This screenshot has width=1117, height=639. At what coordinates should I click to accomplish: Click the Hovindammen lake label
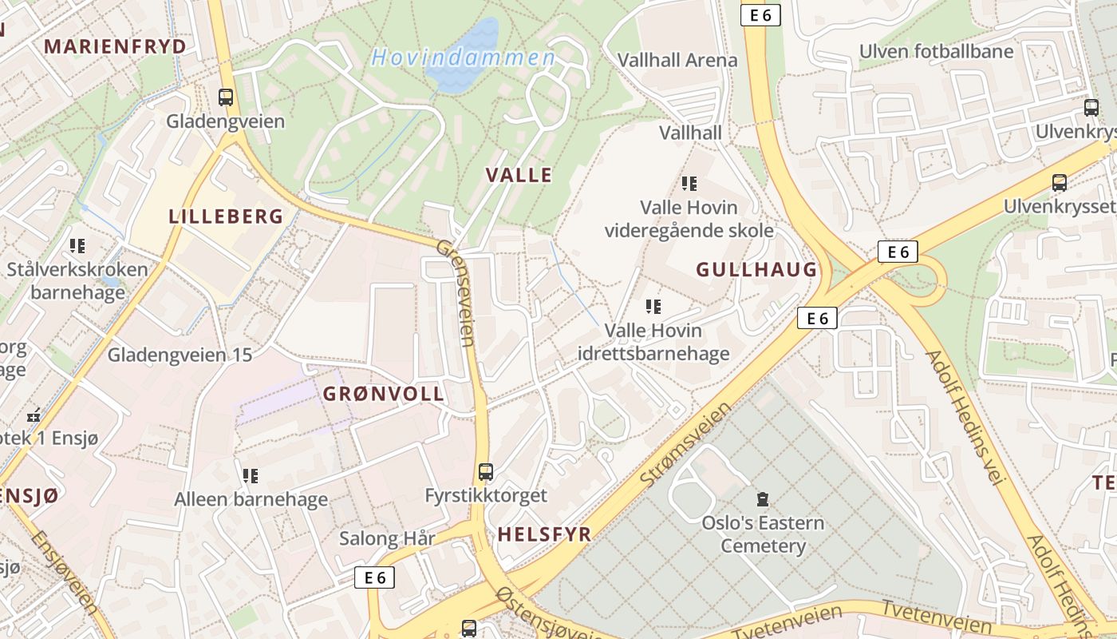coord(463,58)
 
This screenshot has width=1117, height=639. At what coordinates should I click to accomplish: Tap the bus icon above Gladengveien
coord(226,97)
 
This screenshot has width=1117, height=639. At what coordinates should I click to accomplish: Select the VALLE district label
coord(519,176)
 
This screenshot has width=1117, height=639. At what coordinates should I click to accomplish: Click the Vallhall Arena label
coord(677,60)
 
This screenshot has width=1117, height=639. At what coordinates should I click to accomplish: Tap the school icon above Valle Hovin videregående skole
coord(689,184)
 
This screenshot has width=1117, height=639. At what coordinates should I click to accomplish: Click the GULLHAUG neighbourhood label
coord(757,270)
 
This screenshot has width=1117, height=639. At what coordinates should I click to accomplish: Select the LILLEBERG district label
coord(226,216)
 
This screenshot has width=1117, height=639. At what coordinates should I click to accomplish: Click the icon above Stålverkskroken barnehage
coord(77,245)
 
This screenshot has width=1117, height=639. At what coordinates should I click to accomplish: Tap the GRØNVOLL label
coord(383,394)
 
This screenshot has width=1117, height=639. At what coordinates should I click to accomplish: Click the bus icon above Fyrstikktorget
coord(486,471)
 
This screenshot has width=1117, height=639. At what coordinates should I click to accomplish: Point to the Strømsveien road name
coord(686,444)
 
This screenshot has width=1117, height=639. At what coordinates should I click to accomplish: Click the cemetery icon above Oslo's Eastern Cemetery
coord(763,499)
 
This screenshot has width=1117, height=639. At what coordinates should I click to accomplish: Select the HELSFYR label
coord(544,534)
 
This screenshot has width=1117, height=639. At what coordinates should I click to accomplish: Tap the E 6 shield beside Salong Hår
coord(375,577)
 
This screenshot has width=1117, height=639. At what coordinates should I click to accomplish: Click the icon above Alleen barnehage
coord(251,476)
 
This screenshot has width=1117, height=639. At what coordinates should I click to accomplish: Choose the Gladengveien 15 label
coord(180,355)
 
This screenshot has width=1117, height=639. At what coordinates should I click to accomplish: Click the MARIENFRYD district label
coord(115,46)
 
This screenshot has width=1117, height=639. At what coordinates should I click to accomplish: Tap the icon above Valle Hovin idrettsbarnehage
coord(653,306)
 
